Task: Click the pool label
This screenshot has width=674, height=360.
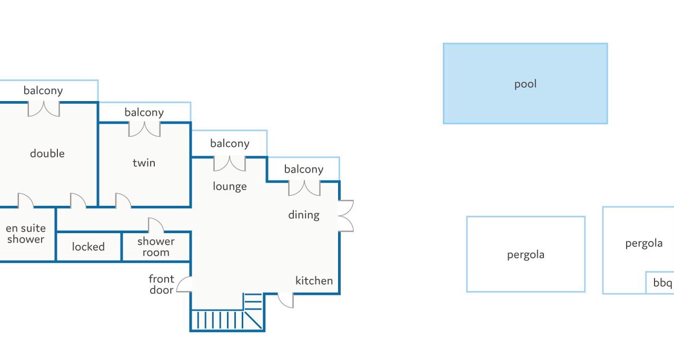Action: pos(525,84)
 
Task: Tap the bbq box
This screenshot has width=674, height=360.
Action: pos(662,283)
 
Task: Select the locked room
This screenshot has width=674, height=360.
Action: pos(88,246)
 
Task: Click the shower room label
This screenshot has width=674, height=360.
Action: pos(156,246)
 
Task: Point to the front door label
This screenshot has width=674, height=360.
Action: pos(161,284)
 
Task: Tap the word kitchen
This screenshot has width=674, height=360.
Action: pos(314,281)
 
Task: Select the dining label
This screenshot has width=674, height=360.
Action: pos(304,215)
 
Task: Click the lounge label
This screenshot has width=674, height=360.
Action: pos(230,186)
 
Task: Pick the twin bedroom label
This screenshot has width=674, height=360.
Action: pos(144,163)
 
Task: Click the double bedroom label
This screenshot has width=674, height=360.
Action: pos(47,154)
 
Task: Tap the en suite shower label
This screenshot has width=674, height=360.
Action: pos(26,234)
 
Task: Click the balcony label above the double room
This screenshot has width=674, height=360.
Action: pos(43,91)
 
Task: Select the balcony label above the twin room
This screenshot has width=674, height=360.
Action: pos(144,112)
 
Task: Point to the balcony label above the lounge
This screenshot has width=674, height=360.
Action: pos(230,143)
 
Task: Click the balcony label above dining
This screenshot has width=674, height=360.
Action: pos(304,169)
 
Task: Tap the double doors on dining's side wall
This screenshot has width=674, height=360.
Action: pos(345,216)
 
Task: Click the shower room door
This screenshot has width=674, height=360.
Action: pos(156,226)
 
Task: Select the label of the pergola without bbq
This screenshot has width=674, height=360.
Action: pos(526,255)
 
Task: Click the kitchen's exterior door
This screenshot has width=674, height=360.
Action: pos(285,300)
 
